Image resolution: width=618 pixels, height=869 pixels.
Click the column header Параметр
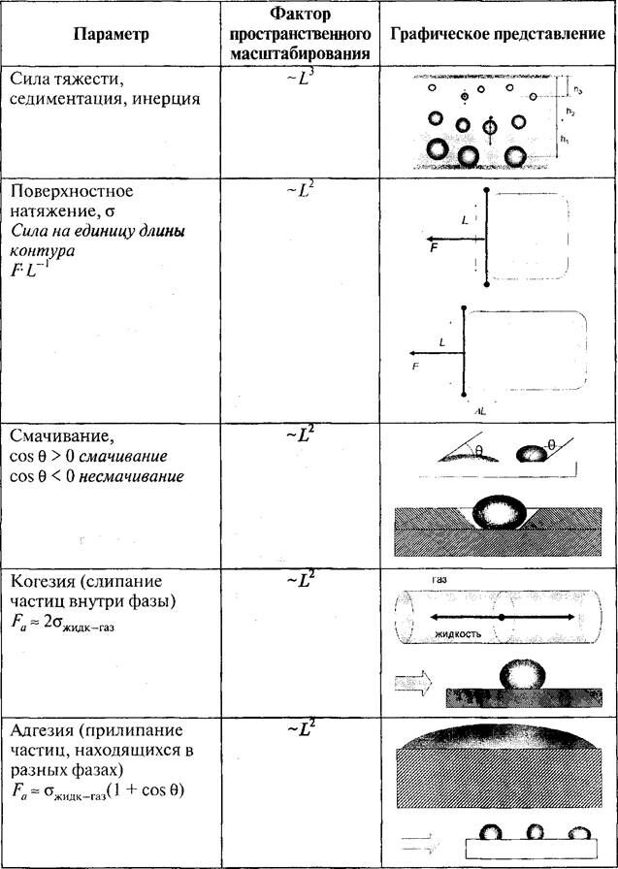111,36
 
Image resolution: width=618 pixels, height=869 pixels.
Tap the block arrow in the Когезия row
417,685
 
